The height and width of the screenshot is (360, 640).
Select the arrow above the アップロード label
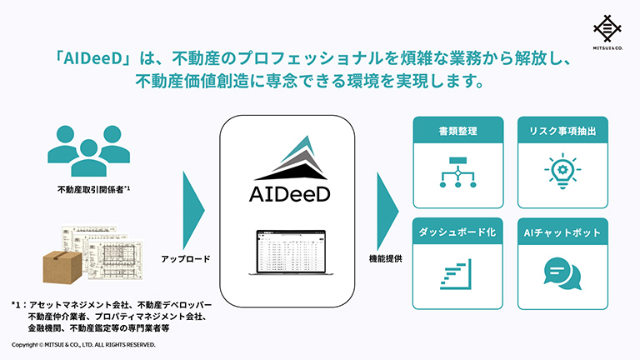pos(192,207)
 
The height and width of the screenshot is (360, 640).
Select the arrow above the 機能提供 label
pos(389,207)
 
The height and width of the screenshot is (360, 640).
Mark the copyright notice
pos(83,344)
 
